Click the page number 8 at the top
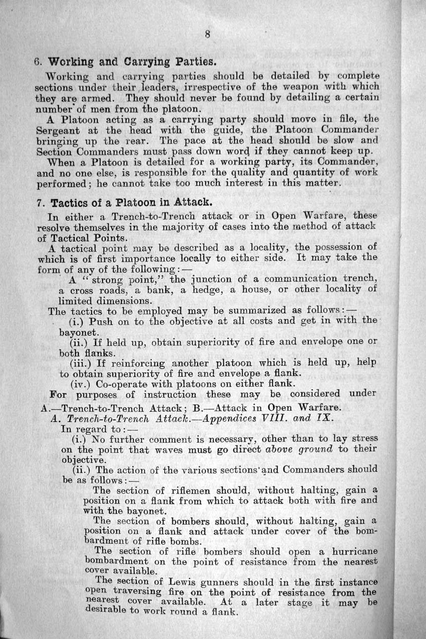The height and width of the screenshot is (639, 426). pos(208,34)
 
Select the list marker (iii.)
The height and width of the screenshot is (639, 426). pos(82,363)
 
